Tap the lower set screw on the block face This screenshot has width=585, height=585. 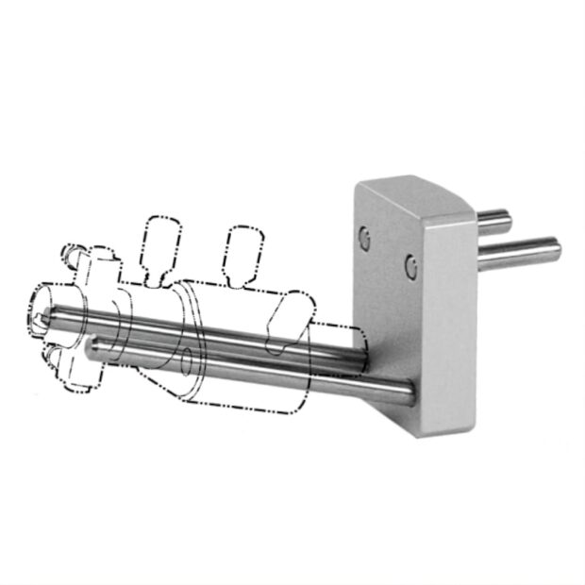409,267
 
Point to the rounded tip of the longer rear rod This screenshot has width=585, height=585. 556,251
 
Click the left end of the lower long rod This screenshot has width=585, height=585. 92,349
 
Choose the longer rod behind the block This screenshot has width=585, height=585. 519,253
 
